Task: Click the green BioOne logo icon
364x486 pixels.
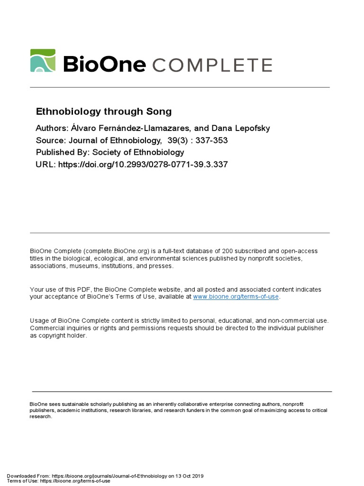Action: pyautogui.click(x=43, y=61)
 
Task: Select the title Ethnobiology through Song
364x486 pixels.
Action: pyautogui.click(x=104, y=112)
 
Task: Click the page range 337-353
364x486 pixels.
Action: pyautogui.click(x=205, y=140)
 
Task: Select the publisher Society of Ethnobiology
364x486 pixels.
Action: pyautogui.click(x=138, y=152)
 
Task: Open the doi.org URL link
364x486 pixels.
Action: pyautogui.click(x=143, y=165)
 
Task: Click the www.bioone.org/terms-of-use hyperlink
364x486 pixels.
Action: pyautogui.click(x=236, y=297)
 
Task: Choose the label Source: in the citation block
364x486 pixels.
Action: pyautogui.click(x=51, y=140)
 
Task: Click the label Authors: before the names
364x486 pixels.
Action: pyautogui.click(x=53, y=129)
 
